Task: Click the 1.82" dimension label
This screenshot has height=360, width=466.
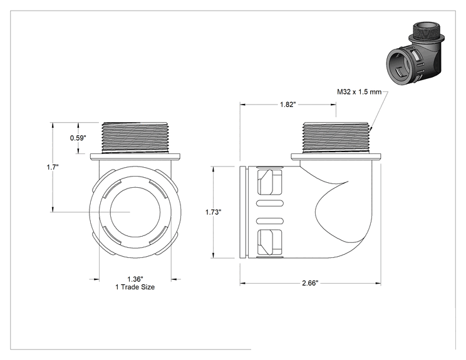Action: point(287,105)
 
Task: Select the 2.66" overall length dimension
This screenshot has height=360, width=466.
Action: point(310,283)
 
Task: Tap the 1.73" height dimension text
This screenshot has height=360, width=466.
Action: point(213,212)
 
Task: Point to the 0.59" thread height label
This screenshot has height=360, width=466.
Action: point(78,138)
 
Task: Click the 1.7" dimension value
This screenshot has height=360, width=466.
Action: point(53,167)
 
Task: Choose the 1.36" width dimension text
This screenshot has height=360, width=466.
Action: point(135,279)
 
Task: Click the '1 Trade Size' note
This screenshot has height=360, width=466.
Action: point(135,287)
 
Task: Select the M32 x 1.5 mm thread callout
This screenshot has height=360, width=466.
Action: point(359,92)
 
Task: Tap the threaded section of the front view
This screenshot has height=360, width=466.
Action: point(135,138)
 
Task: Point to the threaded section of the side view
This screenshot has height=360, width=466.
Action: point(336,138)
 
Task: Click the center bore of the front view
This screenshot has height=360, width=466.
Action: point(135,212)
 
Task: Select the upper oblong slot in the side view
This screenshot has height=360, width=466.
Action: point(270,203)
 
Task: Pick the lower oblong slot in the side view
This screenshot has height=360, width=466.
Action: point(270,221)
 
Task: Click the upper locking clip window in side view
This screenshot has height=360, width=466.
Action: point(270,183)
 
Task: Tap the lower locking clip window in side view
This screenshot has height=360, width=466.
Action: point(270,242)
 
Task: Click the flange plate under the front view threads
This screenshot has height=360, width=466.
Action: point(135,157)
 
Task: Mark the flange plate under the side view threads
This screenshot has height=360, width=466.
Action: point(336,157)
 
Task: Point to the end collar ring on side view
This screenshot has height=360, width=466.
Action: point(243,212)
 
